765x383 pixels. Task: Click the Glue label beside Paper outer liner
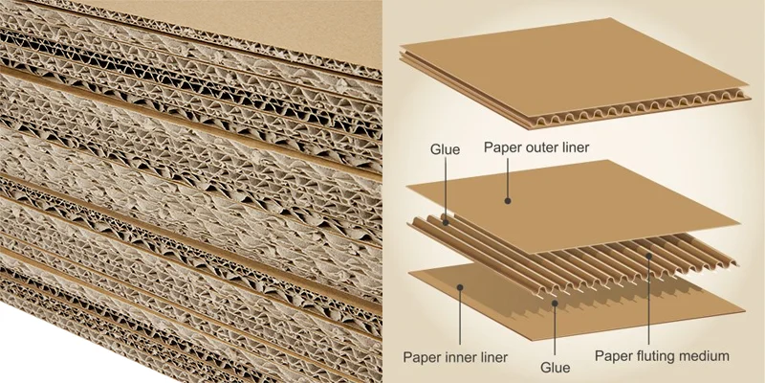(445, 149)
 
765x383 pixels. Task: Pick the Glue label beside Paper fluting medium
(556, 368)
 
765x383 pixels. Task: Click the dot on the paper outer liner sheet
(508, 200)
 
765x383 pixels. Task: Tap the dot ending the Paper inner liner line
(460, 287)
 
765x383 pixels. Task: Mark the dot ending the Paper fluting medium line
(649, 255)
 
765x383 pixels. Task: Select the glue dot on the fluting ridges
(446, 223)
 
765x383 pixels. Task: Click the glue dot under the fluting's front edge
(555, 304)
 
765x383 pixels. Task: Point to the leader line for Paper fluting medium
(649, 300)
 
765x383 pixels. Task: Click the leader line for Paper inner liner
(460, 316)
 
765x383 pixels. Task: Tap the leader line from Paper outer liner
(508, 179)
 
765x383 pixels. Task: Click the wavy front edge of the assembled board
(639, 110)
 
